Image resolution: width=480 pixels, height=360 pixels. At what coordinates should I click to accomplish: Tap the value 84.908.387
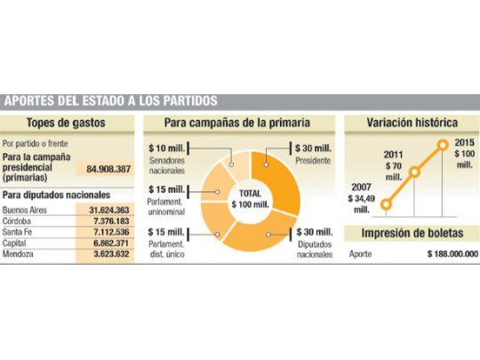point(108,168)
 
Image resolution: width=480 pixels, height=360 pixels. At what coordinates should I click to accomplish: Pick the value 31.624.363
point(108,210)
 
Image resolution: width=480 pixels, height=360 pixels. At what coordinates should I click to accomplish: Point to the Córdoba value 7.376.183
point(110,220)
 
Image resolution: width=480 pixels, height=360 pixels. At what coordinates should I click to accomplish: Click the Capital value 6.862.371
point(110,242)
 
